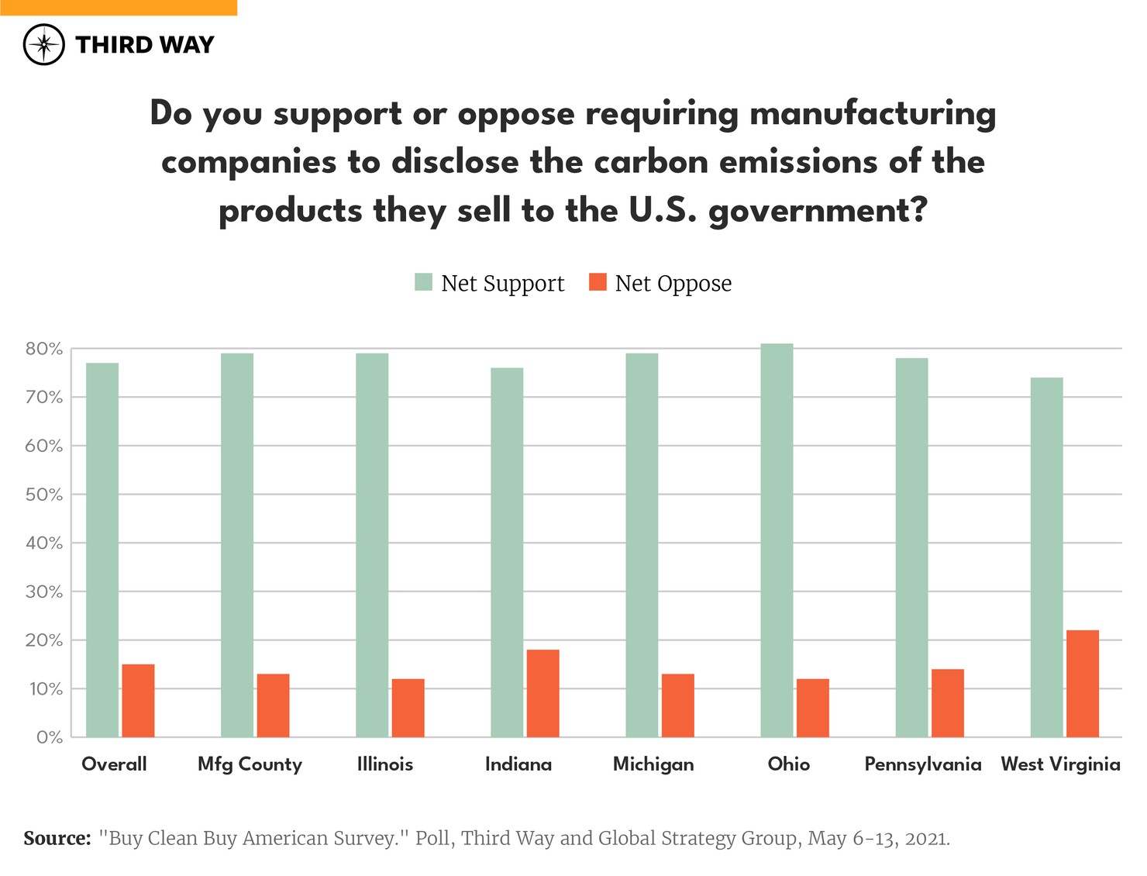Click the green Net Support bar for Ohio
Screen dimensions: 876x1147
777,540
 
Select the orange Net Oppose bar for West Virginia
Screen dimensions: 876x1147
1083,683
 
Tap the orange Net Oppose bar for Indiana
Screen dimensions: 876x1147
542,693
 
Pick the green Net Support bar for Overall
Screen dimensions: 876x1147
102,550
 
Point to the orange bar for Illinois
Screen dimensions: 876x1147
408,708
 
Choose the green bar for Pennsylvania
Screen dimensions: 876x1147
911,547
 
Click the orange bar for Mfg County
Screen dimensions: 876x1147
273,705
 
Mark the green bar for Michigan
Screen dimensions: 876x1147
642,545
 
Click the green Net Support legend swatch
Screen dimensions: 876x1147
423,282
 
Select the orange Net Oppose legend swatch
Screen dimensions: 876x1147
598,282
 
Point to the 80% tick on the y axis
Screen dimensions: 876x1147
44,349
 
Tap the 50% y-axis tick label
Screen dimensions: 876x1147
44,495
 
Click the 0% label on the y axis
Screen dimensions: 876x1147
49,737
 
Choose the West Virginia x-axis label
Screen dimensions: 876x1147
1060,764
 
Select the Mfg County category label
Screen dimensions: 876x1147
250,764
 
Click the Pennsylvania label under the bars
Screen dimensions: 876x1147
922,764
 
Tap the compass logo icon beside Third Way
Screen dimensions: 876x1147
44,44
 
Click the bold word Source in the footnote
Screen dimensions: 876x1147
57,838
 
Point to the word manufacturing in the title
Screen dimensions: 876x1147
873,114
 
